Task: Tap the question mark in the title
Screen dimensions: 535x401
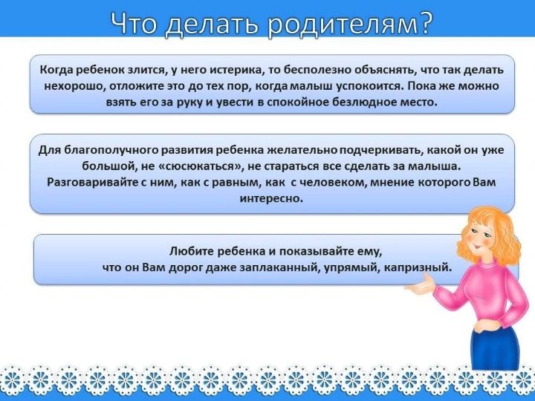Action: (x=427, y=22)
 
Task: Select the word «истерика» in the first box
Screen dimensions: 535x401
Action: (x=236, y=70)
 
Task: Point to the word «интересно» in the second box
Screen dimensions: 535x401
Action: (x=271, y=198)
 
